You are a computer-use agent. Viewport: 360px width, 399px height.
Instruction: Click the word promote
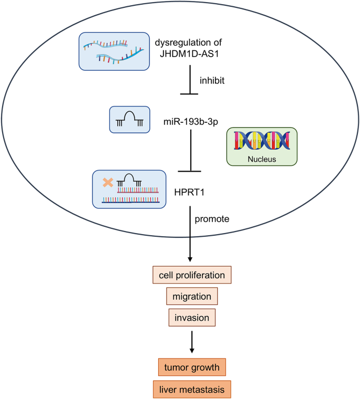coord(212,219)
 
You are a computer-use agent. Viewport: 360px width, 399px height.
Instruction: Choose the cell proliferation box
coord(191,275)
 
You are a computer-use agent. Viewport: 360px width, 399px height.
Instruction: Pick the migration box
coord(191,297)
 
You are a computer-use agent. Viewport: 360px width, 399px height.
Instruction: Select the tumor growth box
coord(191,367)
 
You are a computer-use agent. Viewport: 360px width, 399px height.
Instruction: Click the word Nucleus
coord(262,156)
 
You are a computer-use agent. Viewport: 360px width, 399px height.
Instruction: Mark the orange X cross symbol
coord(108,183)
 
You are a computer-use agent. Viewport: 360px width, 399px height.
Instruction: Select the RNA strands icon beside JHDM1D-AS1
coord(112,51)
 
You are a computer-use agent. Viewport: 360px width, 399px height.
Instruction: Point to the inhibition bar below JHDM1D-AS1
coord(189,94)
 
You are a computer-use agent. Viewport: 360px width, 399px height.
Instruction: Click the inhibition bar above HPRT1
coord(189,171)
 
